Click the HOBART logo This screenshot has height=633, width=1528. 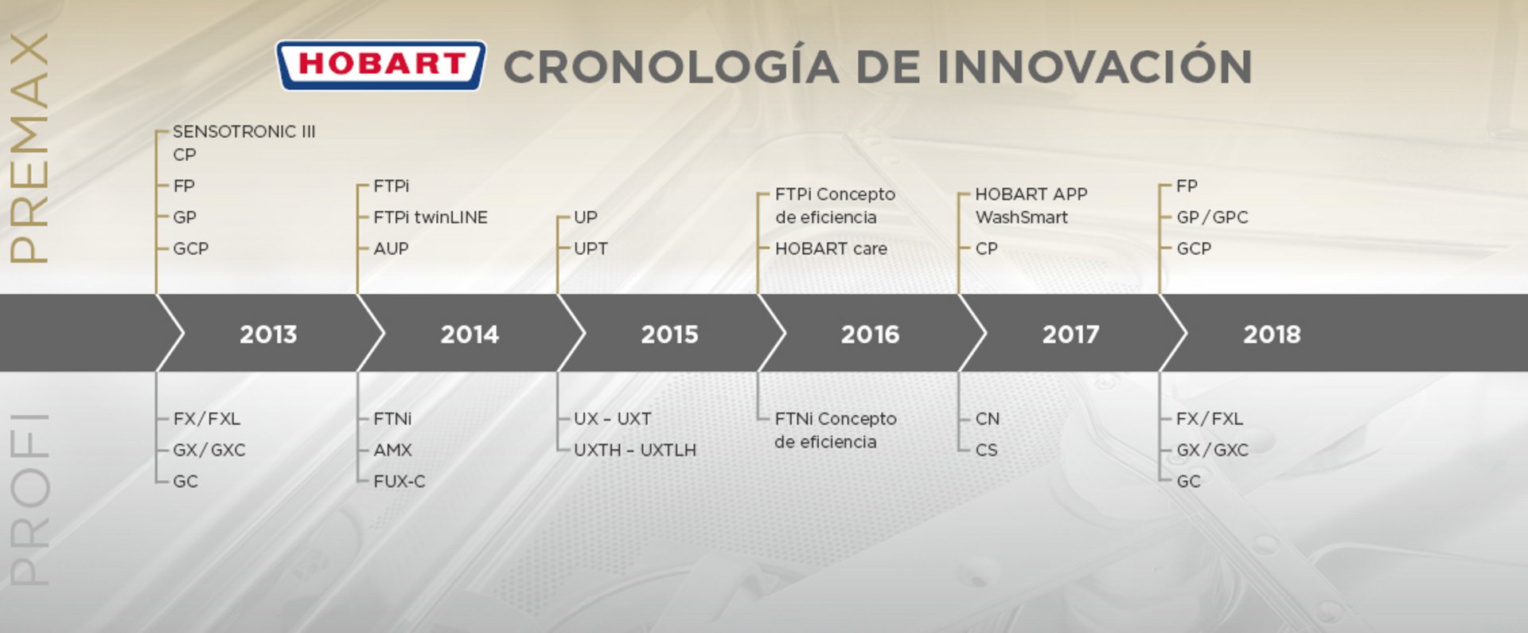[x=380, y=65]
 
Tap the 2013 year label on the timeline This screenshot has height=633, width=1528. [x=268, y=334]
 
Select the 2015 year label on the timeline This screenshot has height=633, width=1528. [x=669, y=334]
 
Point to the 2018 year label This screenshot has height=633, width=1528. [x=1272, y=334]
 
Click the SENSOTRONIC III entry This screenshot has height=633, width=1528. [x=244, y=131]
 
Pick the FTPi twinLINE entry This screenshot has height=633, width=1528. [x=431, y=217]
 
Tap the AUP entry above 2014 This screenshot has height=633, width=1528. [x=391, y=248]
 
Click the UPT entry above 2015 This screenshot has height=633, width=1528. [x=591, y=248]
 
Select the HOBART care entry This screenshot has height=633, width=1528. [x=831, y=248]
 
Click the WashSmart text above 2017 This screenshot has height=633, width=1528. [x=1022, y=217]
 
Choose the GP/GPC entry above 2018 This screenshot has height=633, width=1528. [x=1212, y=217]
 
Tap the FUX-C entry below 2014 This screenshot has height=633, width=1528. [x=400, y=481]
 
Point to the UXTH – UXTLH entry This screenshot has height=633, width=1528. [x=635, y=450]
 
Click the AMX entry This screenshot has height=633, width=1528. [x=392, y=450]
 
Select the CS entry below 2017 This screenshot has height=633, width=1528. [x=986, y=450]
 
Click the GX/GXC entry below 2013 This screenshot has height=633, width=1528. [x=209, y=450]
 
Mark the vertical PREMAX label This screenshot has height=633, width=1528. [x=29, y=148]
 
